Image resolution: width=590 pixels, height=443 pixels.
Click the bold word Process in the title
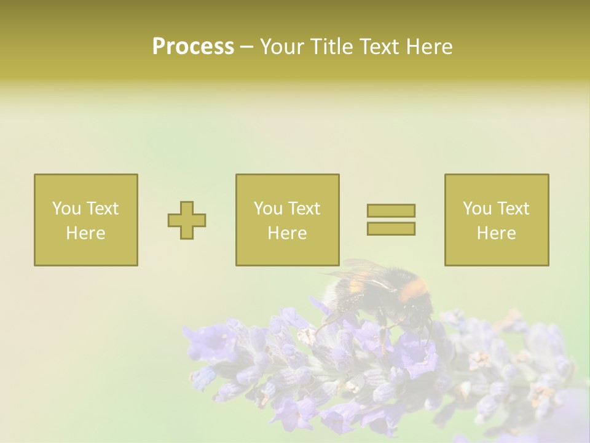tap(193, 47)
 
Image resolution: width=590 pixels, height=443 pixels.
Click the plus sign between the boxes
tap(187, 220)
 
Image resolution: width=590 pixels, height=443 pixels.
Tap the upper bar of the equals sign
tap(391, 210)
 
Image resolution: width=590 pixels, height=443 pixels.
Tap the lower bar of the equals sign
tap(391, 228)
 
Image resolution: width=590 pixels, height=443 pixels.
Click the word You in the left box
tap(65, 209)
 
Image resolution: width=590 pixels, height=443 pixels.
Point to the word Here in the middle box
tap(287, 233)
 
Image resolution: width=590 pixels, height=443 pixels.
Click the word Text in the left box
tap(103, 209)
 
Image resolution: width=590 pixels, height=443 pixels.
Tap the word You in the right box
tap(476, 209)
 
